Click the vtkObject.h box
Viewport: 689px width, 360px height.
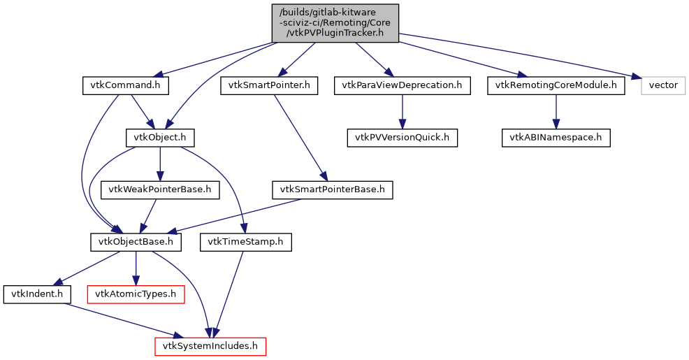click(x=160, y=137)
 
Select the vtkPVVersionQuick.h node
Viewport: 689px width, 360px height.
click(x=402, y=137)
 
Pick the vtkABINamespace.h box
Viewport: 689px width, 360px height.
click(x=556, y=137)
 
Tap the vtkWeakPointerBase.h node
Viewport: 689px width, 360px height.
click(x=160, y=189)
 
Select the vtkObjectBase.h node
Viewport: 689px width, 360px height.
click(x=136, y=242)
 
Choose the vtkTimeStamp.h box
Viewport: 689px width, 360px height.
click(x=245, y=242)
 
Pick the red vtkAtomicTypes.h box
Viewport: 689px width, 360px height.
click(x=136, y=294)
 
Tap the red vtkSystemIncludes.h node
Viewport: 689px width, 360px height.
click(x=210, y=346)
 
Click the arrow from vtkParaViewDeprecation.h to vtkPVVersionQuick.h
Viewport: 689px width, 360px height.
click(x=402, y=112)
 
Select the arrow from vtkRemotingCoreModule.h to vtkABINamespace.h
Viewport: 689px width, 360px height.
click(x=556, y=112)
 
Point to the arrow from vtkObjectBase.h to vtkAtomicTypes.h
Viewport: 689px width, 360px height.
click(x=136, y=268)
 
